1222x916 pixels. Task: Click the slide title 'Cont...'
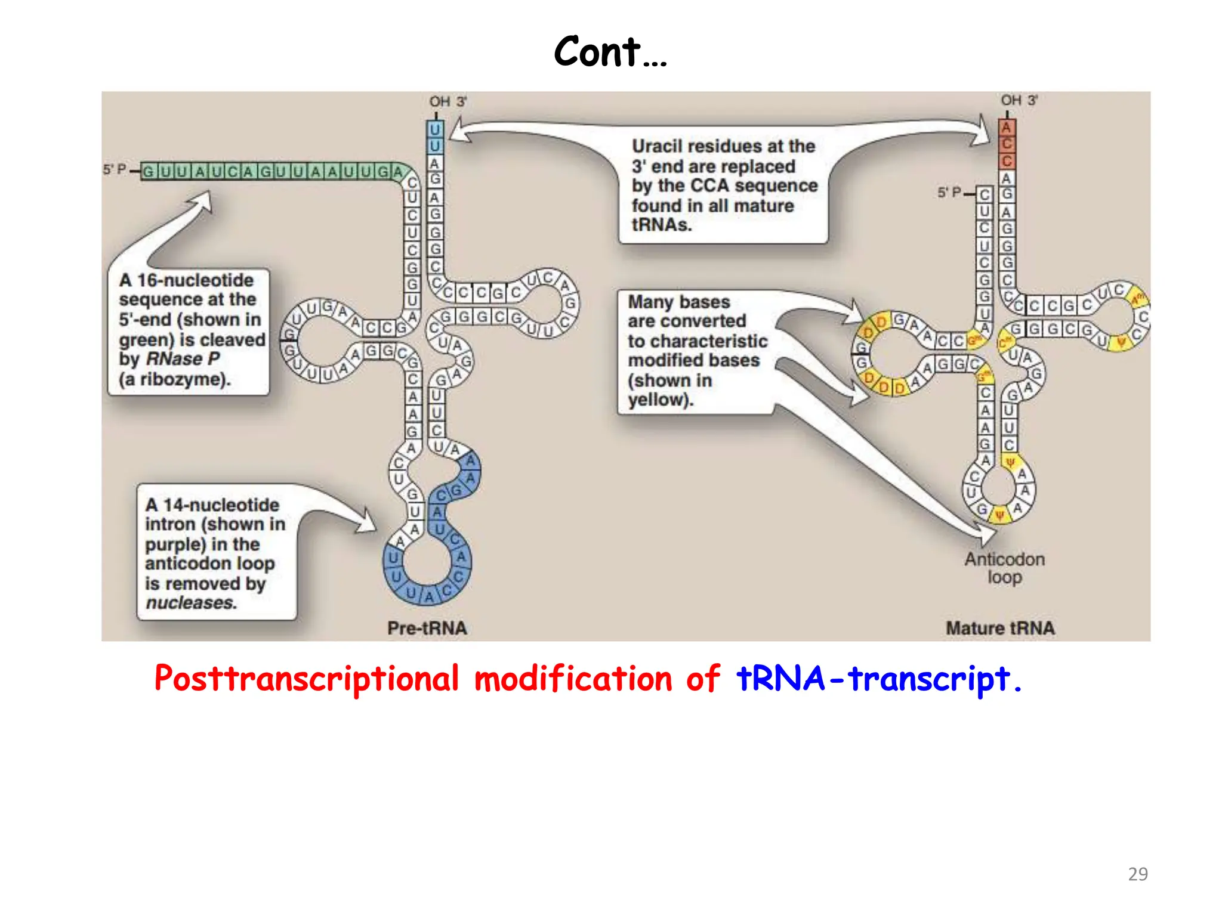610,52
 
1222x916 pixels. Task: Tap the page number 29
1138,874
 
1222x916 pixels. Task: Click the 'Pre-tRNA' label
427,628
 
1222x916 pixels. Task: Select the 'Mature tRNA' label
1000,628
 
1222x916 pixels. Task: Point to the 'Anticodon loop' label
1005,568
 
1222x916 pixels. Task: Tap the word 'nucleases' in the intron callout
191,603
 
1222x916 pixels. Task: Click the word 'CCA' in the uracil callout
709,186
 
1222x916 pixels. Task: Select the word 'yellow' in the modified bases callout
659,400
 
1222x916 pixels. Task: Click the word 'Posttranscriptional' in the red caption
306,679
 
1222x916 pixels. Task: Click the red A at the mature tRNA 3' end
1007,127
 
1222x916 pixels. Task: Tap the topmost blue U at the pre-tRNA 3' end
435,129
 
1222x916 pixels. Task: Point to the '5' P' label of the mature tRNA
949,193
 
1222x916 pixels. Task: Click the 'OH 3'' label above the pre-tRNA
448,102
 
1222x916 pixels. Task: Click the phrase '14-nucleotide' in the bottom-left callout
221,505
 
